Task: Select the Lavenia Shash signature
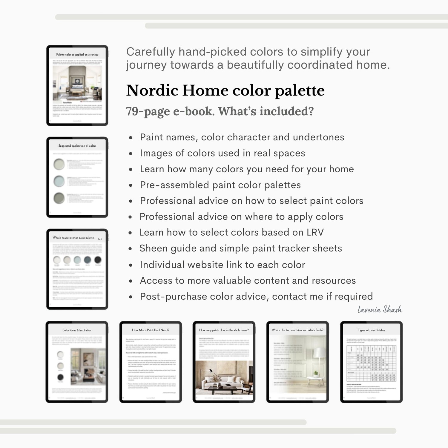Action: coord(380,309)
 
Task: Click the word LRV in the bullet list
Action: coord(315,232)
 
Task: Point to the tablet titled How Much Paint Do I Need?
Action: coord(151,362)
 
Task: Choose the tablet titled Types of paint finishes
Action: coord(371,362)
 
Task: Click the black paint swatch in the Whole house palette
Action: coord(98,260)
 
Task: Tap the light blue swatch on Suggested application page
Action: coord(59,181)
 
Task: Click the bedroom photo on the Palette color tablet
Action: coord(77,83)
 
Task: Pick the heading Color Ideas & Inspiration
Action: coord(77,330)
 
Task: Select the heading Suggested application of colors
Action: coord(77,146)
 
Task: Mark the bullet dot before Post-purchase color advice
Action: coord(131,297)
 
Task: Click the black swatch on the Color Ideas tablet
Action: coord(60,377)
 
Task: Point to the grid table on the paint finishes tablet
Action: coord(371,363)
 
